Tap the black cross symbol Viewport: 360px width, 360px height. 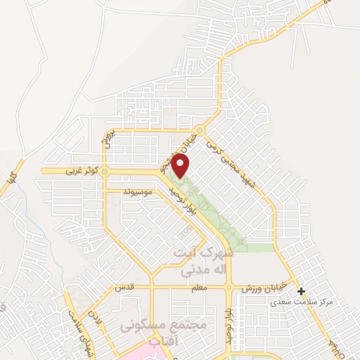click(x=301, y=291)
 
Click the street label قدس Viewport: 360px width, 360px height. click(x=124, y=288)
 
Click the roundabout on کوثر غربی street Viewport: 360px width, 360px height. click(x=105, y=171)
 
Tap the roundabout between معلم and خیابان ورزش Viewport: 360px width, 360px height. click(x=229, y=288)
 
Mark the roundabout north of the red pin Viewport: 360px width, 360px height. click(x=200, y=131)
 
